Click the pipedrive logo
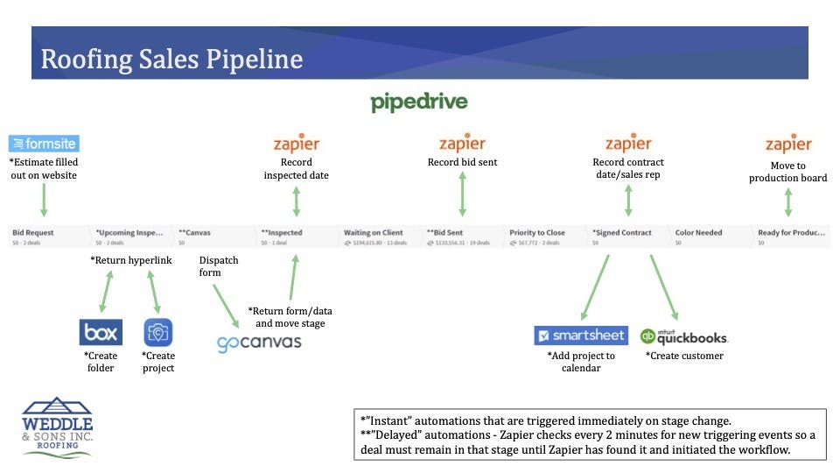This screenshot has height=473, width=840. tap(419, 102)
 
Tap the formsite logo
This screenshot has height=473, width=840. tap(44, 144)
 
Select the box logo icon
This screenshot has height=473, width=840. tap(101, 333)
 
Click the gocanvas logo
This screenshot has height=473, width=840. tap(259, 342)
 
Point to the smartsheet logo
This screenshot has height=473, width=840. tap(581, 335)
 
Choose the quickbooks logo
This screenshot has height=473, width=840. tap(683, 335)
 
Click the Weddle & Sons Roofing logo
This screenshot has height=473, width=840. tap(58, 425)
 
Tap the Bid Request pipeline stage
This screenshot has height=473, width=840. tap(33, 233)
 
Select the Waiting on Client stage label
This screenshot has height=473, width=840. tap(374, 233)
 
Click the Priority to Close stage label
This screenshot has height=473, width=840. tap(537, 233)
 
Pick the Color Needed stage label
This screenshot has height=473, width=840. tap(698, 233)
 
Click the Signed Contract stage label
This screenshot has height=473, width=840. tap(622, 233)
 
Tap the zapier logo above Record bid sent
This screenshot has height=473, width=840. tap(462, 144)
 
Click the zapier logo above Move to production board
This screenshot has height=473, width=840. tap(788, 144)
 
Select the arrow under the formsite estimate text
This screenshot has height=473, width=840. tap(43, 200)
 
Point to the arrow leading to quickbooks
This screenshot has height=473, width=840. tap(663, 286)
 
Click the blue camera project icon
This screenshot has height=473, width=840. tap(158, 333)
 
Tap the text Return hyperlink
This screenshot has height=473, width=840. tap(130, 260)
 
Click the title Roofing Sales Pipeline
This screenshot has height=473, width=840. tap(171, 59)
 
